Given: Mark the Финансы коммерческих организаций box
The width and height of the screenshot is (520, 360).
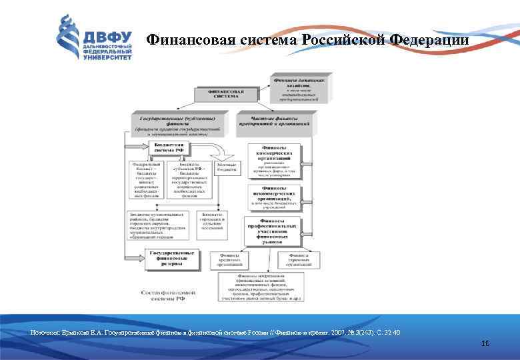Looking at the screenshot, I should point(274,162).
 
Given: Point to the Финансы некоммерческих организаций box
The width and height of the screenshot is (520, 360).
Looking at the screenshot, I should point(274,198).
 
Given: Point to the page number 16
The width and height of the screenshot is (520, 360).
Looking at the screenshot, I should point(485,343).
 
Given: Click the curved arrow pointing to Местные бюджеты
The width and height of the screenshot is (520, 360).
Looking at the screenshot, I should point(214,149).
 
